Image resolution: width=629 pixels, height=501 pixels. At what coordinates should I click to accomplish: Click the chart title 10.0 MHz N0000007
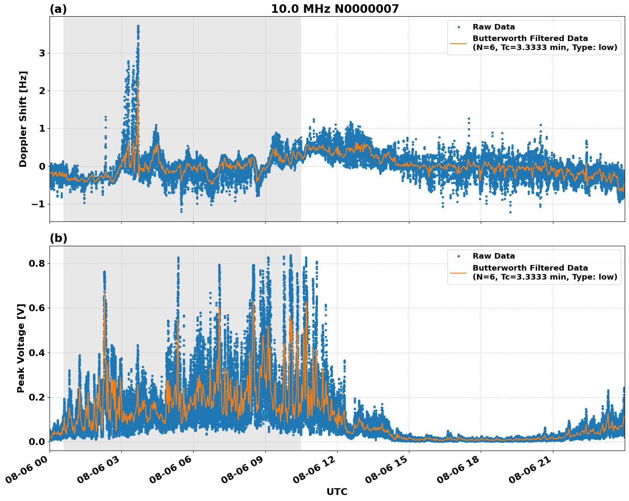point(335,9)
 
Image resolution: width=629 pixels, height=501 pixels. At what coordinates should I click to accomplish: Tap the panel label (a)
point(58,9)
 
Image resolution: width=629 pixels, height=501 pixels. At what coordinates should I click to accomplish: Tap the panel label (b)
point(58,239)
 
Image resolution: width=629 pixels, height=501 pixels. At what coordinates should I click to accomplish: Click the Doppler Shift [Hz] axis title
point(23,119)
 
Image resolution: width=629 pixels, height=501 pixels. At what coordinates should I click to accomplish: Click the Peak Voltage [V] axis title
point(21,348)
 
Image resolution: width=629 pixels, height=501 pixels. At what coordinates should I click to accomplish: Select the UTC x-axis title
point(337,492)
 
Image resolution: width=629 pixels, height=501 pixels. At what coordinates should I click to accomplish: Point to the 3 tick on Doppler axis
point(42,53)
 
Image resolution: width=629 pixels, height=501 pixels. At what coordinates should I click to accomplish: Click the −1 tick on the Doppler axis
point(38,204)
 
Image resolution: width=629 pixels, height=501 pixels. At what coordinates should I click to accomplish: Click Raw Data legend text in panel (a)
point(494,27)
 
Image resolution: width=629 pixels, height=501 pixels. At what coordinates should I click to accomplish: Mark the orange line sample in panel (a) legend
point(459,43)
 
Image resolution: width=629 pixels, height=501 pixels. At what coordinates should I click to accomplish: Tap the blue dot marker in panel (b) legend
point(459,256)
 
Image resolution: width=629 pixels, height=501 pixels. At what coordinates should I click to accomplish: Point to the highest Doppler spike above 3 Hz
point(138,27)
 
